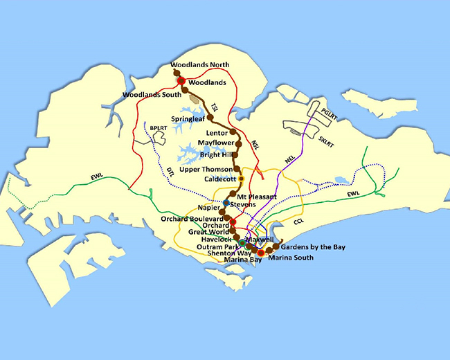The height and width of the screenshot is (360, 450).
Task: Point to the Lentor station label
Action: click(x=217, y=132)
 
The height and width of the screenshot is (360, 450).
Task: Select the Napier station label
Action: click(x=207, y=206)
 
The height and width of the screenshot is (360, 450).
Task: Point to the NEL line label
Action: click(x=289, y=160)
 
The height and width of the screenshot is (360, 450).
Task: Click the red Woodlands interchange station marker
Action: click(x=181, y=81)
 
